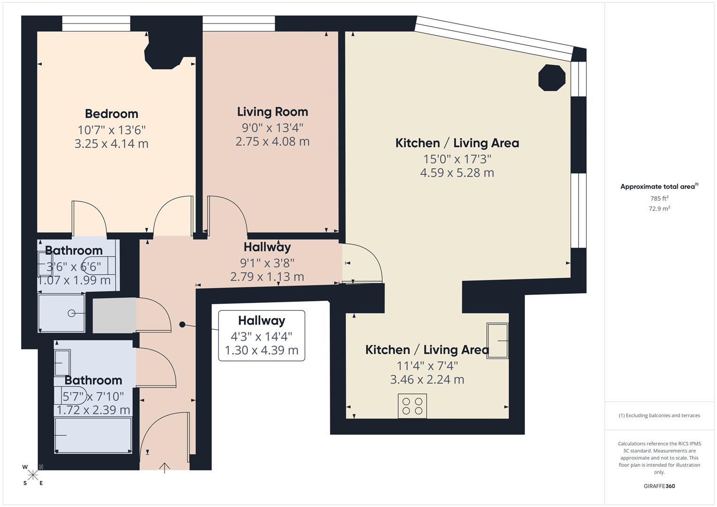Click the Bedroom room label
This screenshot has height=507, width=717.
[x=111, y=114]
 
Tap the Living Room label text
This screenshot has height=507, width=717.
[x=272, y=112]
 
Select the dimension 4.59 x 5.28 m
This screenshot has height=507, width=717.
[x=457, y=173]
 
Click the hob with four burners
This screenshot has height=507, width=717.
[x=412, y=406]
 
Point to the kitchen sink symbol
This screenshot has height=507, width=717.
[x=497, y=341]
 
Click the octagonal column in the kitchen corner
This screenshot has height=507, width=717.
[x=551, y=77]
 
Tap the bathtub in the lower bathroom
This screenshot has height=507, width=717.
[x=93, y=435]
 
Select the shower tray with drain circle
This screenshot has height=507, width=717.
[x=62, y=313]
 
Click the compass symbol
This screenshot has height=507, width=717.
[x=33, y=475]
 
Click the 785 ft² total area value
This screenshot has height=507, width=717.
[x=659, y=199]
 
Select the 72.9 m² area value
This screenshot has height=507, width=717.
[x=659, y=209]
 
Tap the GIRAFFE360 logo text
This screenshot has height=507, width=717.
[x=659, y=486]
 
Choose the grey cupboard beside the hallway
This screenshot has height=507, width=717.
[x=114, y=315]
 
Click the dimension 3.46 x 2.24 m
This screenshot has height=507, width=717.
[x=427, y=380]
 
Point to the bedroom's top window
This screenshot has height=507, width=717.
[x=96, y=23]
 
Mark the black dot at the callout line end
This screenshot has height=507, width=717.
[x=182, y=324]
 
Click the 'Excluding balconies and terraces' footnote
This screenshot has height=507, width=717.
[x=659, y=415]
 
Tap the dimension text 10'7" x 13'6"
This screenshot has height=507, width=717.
[x=111, y=130]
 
